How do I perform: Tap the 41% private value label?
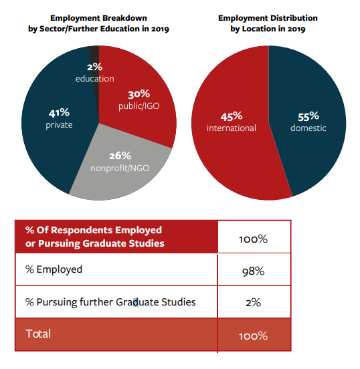(x=59, y=113)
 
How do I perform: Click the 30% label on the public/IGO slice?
(x=139, y=94)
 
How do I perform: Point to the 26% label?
(x=120, y=156)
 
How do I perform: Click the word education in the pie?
(x=95, y=79)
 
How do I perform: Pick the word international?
(x=232, y=128)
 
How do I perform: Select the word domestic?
(x=308, y=128)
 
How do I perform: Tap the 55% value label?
(x=308, y=116)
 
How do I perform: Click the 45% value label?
(x=232, y=116)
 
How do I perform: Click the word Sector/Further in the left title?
(x=66, y=29)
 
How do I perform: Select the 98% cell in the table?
(x=254, y=271)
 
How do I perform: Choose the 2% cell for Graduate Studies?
(x=254, y=302)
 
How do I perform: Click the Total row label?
(x=38, y=334)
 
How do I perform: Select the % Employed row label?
(x=54, y=269)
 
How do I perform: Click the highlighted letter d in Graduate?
(x=136, y=302)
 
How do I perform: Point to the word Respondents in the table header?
(x=82, y=231)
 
